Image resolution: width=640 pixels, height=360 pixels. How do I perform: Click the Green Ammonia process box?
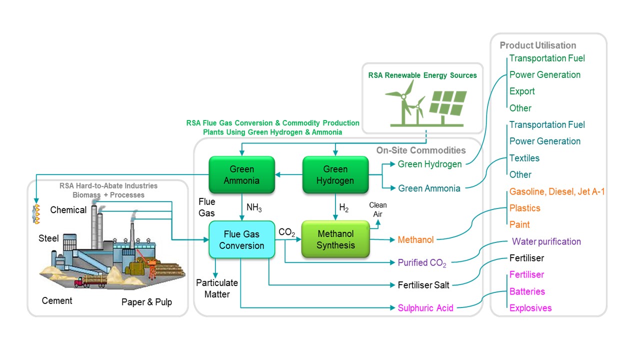click(241, 175)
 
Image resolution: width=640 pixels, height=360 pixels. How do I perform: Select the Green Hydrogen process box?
click(335, 175)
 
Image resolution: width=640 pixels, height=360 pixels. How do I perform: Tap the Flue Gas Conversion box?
click(241, 239)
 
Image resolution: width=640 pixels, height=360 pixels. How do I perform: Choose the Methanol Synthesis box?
click(335, 239)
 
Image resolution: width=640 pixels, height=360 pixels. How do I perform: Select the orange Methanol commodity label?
click(415, 240)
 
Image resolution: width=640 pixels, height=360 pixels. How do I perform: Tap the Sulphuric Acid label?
click(425, 308)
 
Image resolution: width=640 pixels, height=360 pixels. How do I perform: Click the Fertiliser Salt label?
click(423, 285)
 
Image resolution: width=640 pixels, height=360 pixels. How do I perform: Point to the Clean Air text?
click(378, 209)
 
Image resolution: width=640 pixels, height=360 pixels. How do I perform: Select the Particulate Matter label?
click(216, 288)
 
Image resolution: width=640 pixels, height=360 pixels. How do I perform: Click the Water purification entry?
click(546, 241)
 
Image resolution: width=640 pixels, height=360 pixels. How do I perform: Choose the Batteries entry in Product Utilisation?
click(527, 291)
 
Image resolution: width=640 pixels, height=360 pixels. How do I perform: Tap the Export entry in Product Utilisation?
click(522, 91)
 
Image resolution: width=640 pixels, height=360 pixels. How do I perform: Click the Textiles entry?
click(524, 158)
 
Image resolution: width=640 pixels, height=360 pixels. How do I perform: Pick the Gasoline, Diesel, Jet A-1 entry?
click(557, 191)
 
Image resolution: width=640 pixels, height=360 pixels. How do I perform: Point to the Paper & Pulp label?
click(146, 302)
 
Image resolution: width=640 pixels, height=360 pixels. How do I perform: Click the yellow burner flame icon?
click(36, 214)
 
